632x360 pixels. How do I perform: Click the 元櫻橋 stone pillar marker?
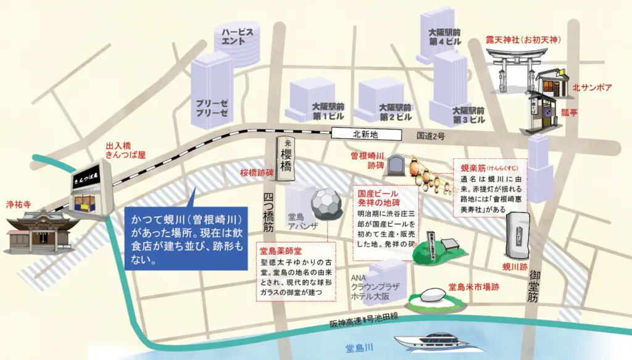tap(286, 159)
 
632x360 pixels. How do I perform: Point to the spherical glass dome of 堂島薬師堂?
tap(327, 204)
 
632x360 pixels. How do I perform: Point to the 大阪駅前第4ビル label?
tap(444, 37)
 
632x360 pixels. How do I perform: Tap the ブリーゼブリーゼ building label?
tap(212, 108)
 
